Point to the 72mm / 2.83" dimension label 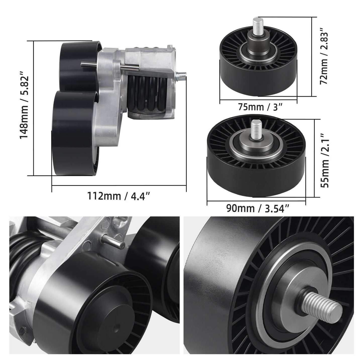pos(324,58)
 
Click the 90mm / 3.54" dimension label pos(258,208)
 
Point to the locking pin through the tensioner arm pos(111,66)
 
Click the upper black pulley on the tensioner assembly pos(78,65)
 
